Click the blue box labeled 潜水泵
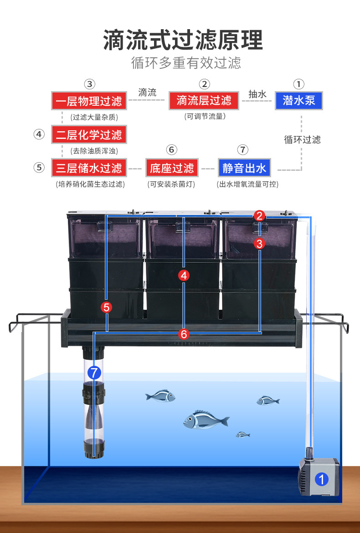(298, 100)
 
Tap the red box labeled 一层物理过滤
(88, 100)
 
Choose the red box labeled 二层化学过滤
(88, 134)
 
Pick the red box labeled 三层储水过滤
(88, 168)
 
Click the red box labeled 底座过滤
(172, 168)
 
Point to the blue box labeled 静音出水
(244, 168)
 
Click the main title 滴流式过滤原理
(183, 40)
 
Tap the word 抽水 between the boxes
(257, 94)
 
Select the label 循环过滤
(302, 139)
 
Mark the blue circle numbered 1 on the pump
(322, 479)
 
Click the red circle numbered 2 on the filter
(259, 216)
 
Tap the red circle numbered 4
(184, 275)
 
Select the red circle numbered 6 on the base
(184, 334)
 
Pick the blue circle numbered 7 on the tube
(94, 373)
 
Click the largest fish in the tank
(205, 420)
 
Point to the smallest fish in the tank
(243, 435)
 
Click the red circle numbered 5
(107, 307)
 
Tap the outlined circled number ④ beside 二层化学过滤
(40, 134)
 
